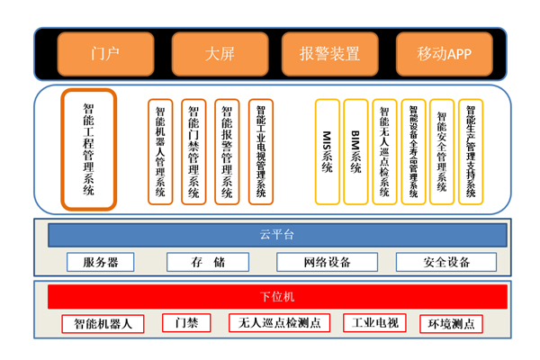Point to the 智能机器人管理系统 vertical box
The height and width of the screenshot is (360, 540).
[x=160, y=150]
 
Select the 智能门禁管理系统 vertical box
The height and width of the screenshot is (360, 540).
[x=193, y=150]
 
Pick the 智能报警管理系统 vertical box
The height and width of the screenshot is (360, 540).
[x=227, y=150]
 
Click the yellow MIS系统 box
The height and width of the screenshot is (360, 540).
[x=328, y=150]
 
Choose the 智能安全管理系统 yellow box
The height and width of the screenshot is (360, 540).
[x=442, y=150]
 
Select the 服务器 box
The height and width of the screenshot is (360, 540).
[x=100, y=262]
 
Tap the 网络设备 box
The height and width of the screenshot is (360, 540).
[x=328, y=262]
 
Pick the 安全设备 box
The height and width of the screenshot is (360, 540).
[x=446, y=262]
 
